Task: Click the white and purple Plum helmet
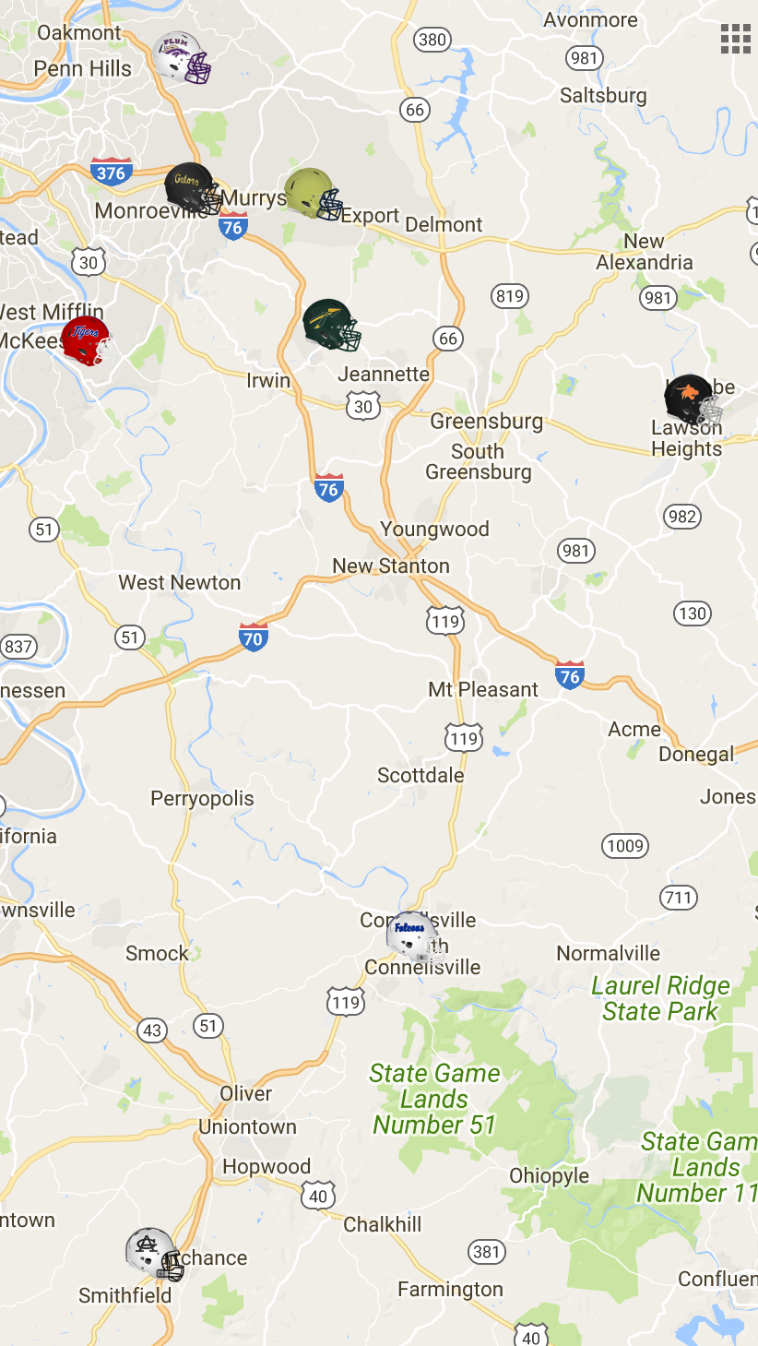coord(183,57)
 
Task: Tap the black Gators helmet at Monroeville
coord(192,188)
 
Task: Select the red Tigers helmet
coord(87,340)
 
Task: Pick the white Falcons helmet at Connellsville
coord(412,937)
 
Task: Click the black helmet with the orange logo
coord(692,399)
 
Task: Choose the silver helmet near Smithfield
coord(154,1253)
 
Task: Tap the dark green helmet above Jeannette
coord(331,325)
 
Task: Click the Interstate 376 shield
coord(112,172)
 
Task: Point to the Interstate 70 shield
coord(254,637)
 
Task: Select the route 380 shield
coord(432,39)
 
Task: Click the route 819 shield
coord(509,296)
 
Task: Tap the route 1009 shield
coord(625,845)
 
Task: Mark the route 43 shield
coord(152,1030)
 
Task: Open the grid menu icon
coord(735,39)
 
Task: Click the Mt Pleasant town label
coord(483,689)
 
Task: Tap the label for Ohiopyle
coord(550,1176)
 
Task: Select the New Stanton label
coord(391,566)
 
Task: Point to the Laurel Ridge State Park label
coord(660,999)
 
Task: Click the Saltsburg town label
coord(603,96)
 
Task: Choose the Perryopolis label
coord(202,799)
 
